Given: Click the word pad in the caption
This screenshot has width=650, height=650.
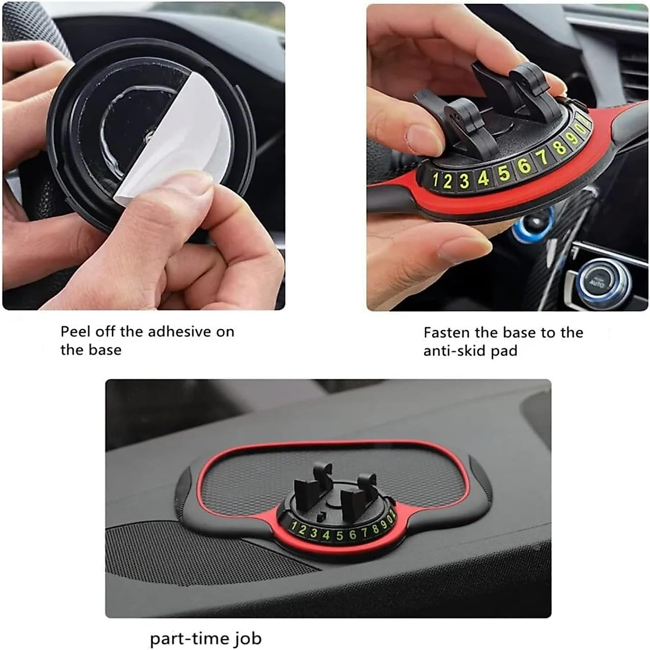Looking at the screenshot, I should [x=504, y=352].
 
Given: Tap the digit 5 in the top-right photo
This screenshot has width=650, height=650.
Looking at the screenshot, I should [x=504, y=173].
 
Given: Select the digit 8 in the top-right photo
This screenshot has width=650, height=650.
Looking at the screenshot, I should [x=560, y=147].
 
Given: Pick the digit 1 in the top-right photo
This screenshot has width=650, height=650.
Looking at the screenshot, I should [x=435, y=181].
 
